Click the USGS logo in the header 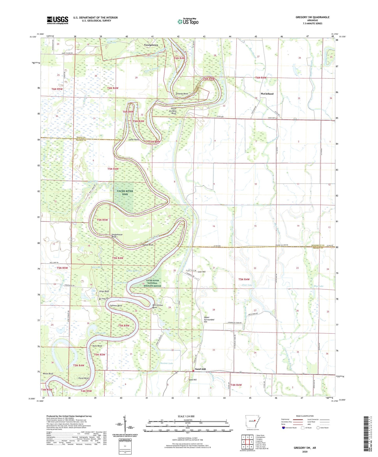(57, 20)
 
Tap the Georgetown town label (151, 45)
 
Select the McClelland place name (267, 93)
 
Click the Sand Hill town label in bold (200, 369)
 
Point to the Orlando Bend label (182, 94)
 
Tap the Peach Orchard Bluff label (173, 111)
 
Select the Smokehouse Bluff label (117, 236)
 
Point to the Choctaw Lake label (166, 363)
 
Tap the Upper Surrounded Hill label (209, 320)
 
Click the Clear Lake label (247, 285)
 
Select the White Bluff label (48, 374)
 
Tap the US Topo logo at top (188, 21)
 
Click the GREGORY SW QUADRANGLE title (312, 17)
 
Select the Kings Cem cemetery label (105, 299)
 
